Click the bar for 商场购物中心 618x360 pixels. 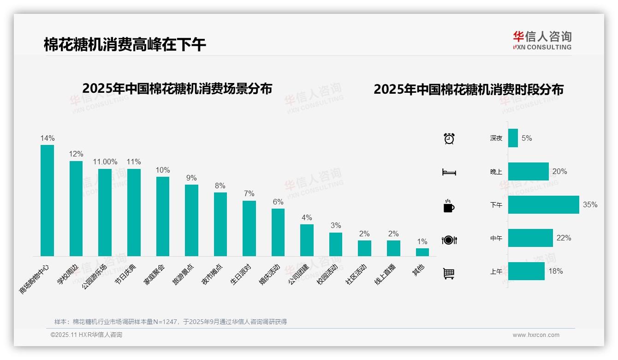[x=47, y=200]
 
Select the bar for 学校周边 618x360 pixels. [x=76, y=208]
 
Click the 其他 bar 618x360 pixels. [x=422, y=252]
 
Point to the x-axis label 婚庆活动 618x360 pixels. [x=272, y=274]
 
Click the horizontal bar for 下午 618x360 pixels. [x=543, y=204]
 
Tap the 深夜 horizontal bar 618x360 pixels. [x=513, y=138]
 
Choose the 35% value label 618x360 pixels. [x=590, y=204]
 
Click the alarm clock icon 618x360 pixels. [x=449, y=138]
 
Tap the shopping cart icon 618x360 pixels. [x=449, y=273]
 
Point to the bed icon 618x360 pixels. [x=449, y=172]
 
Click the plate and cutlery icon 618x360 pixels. [x=449, y=240]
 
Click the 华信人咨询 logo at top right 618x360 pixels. [x=542, y=40]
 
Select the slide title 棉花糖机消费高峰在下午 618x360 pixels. [x=125, y=45]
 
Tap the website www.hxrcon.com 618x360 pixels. [x=536, y=335]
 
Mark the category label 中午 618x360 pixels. [x=496, y=239]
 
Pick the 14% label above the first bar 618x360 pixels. [x=48, y=138]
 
